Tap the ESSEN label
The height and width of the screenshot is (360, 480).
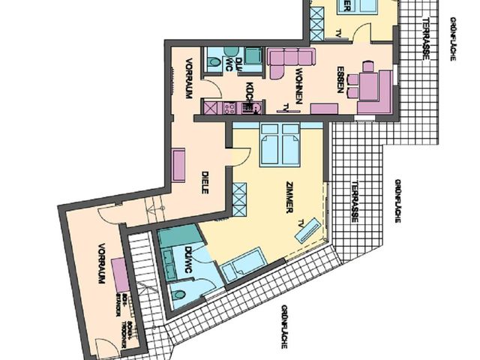coord(340,80)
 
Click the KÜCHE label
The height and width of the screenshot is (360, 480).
coord(247,93)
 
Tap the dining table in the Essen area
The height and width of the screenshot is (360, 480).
coord(367,82)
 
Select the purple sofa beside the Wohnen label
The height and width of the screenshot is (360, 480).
coord(288,59)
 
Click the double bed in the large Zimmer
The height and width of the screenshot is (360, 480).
coord(279,145)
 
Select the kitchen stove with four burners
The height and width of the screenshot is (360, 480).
coord(230,108)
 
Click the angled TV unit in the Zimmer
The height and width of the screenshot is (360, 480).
coord(307,230)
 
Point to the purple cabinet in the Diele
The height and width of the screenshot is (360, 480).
coord(178,166)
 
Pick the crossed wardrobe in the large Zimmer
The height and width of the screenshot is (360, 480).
coord(240,199)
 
